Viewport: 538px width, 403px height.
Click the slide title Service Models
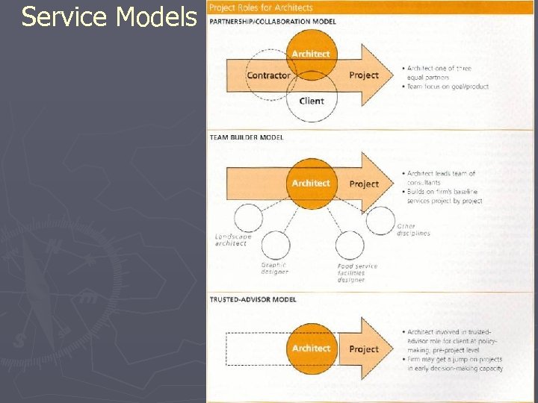coord(109,16)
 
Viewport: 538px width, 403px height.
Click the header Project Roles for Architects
coord(261,7)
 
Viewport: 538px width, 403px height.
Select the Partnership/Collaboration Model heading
coord(272,22)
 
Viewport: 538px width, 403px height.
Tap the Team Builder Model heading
coord(246,137)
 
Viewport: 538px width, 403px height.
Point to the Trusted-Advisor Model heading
coord(253,299)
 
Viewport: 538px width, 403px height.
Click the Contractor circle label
coord(269,75)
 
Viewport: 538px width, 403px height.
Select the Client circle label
coord(312,101)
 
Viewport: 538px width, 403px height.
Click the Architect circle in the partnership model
coord(311,54)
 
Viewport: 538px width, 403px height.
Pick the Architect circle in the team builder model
coord(311,184)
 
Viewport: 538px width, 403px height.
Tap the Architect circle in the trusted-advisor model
coord(311,349)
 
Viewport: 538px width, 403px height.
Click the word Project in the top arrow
coord(364,75)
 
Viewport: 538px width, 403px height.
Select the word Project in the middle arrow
coord(364,184)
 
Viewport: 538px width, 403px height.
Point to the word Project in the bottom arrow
coord(364,349)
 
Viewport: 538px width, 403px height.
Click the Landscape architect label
coord(233,240)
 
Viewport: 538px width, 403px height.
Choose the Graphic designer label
coord(274,269)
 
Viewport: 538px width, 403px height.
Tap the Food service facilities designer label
coord(356,272)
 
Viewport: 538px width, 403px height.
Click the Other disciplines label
coord(413,229)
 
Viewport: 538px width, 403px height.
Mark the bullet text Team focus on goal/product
coord(448,87)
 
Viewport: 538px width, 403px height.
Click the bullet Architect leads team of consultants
coord(441,178)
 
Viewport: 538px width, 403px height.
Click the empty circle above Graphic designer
coord(275,245)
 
